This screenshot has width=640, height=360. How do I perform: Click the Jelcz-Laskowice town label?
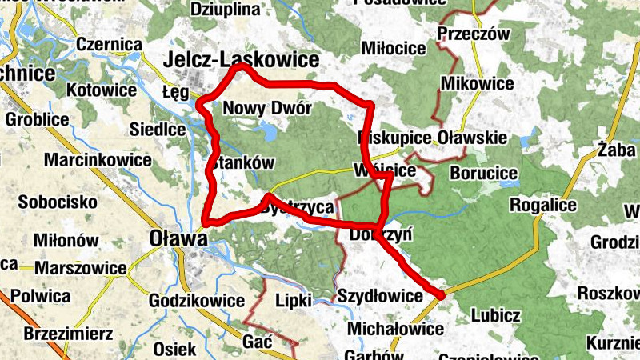pyautogui.click(x=241, y=59)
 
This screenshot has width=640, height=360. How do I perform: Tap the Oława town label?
pyautogui.click(x=173, y=238)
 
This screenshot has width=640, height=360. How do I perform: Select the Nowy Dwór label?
pyautogui.click(x=262, y=109)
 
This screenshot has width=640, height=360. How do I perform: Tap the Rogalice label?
pyautogui.click(x=543, y=205)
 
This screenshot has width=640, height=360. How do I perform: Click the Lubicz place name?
pyautogui.click(x=497, y=314)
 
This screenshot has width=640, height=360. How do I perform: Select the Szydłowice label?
pyautogui.click(x=378, y=297)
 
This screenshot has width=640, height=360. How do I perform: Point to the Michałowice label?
pyautogui.click(x=395, y=329)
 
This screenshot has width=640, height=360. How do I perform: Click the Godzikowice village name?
pyautogui.click(x=197, y=300)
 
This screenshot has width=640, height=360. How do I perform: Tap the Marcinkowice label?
pyautogui.click(x=98, y=159)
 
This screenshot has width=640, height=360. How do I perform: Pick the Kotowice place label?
pyautogui.click(x=102, y=90)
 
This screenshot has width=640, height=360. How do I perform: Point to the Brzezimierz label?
pyautogui.click(x=68, y=333)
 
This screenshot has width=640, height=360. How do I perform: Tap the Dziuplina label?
pyautogui.click(x=226, y=10)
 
